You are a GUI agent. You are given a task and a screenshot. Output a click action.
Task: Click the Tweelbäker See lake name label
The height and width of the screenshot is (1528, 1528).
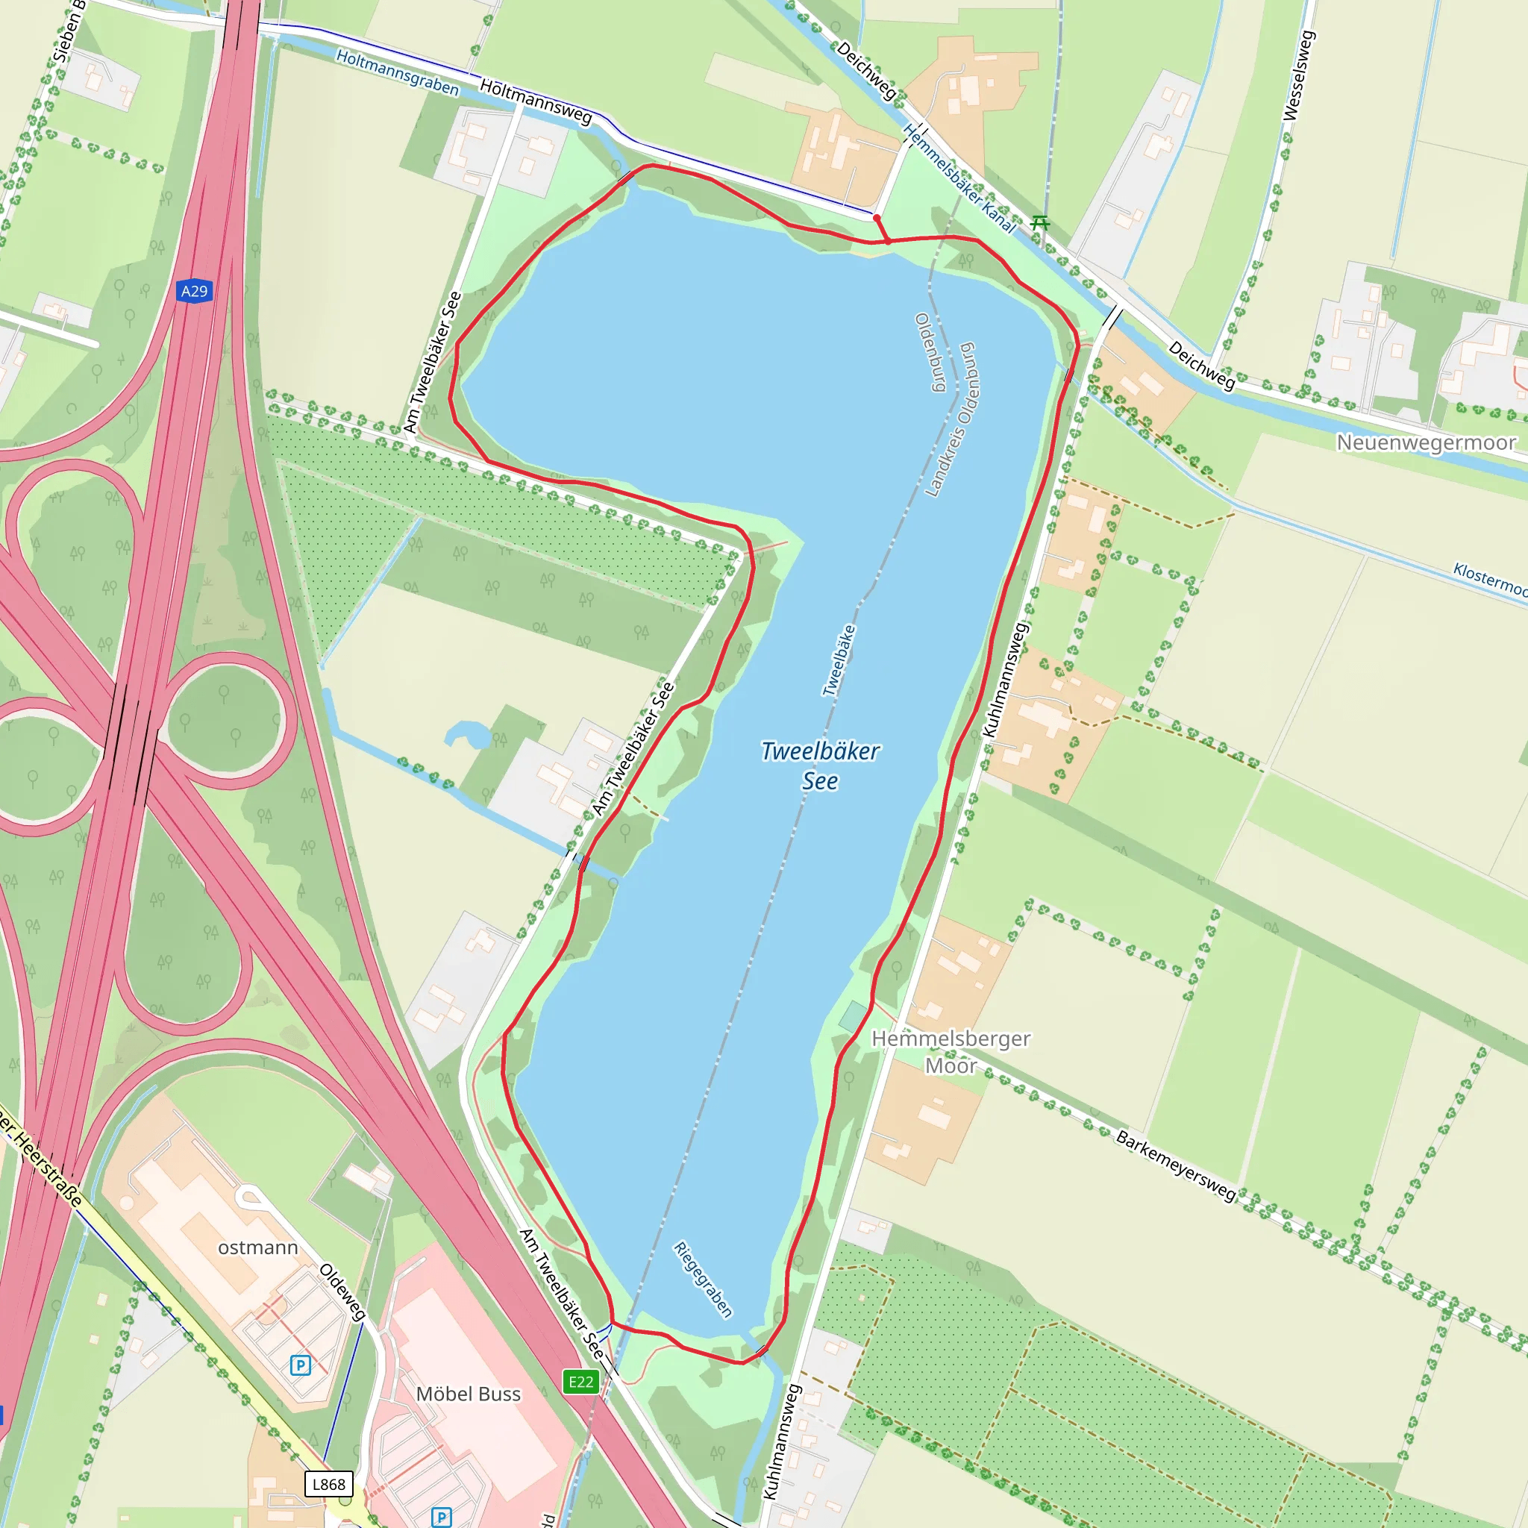point(820,765)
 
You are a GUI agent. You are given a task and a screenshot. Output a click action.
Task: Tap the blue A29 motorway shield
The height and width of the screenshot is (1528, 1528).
point(194,291)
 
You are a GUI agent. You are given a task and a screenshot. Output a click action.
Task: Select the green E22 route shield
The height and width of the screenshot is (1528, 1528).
point(580,1382)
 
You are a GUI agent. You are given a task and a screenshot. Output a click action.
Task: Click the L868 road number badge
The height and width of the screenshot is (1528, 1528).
point(328,1484)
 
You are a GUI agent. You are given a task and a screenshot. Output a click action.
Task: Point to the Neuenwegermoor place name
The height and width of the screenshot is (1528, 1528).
point(1426,442)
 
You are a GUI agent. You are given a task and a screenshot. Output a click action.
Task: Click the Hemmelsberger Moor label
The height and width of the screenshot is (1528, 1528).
point(951,1052)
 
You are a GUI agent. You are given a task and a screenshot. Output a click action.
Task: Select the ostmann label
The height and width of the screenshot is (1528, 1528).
point(258,1247)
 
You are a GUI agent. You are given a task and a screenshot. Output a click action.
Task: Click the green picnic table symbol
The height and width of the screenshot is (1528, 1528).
point(1040,224)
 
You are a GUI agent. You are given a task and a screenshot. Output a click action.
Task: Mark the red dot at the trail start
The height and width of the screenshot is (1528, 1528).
point(877,218)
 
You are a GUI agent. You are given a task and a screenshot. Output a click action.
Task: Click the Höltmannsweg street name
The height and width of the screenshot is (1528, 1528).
point(536,102)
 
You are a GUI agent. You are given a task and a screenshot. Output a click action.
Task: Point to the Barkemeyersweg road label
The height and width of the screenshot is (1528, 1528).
point(1175,1165)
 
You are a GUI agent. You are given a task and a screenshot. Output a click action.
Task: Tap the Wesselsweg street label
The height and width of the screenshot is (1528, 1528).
point(1298,76)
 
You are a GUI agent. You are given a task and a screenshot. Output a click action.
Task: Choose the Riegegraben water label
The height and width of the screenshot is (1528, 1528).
point(702,1279)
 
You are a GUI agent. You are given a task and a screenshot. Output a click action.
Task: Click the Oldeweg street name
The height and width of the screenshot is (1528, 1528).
point(342,1292)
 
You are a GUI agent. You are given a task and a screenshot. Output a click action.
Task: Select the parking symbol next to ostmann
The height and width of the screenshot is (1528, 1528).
point(301,1365)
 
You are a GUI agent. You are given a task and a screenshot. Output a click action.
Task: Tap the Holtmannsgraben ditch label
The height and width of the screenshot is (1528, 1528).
point(397,72)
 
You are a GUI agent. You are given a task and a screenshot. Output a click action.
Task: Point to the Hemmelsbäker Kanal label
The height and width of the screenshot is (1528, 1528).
point(959,179)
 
